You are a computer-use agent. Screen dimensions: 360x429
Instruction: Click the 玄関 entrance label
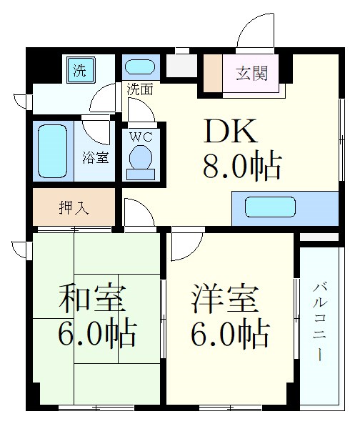click(251, 73)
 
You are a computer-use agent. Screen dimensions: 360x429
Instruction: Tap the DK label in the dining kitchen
click(231, 132)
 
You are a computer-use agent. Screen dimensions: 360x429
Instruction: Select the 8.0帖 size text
click(242, 166)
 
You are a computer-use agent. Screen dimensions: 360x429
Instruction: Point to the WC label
click(141, 137)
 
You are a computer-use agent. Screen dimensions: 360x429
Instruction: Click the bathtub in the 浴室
click(52, 152)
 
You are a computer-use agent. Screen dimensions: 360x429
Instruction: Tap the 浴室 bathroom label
click(96, 157)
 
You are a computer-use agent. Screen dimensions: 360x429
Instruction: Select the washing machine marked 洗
click(81, 70)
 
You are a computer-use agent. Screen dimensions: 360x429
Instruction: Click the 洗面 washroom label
click(140, 89)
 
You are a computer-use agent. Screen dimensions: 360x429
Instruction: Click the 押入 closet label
click(74, 207)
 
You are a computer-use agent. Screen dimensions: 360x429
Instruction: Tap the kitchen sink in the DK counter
click(270, 207)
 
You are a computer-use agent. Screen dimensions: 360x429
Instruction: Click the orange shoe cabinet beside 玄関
click(213, 74)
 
